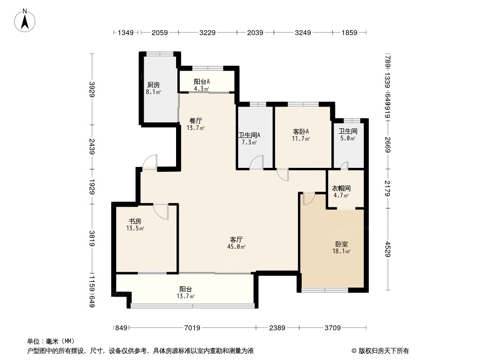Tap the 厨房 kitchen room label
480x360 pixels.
[x=153, y=88]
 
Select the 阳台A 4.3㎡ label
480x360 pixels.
[x=202, y=85]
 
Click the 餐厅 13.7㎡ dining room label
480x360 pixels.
[x=195, y=124]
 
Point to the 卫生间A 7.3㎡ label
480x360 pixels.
[x=249, y=138]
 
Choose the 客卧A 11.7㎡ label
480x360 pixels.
[x=301, y=135]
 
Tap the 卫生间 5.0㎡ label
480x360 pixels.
[x=348, y=135]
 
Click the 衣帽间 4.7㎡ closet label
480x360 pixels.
[x=341, y=192]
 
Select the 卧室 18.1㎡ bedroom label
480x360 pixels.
[x=341, y=247]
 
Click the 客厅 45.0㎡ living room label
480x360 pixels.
[x=237, y=243]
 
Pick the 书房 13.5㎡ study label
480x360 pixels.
[x=135, y=225]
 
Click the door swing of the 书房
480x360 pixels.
[x=161, y=211]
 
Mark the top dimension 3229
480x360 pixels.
[x=208, y=32]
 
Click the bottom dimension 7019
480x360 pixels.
[x=192, y=328]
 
